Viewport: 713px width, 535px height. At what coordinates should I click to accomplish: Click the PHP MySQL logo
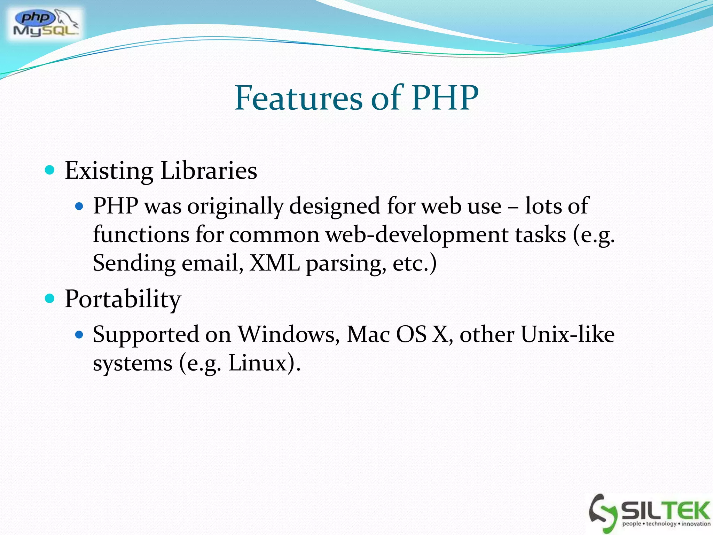[46, 24]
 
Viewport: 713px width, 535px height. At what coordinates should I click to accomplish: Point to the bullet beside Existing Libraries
[50, 170]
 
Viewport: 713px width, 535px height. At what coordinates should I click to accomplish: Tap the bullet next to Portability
[50, 298]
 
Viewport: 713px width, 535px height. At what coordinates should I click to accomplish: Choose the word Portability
[123, 300]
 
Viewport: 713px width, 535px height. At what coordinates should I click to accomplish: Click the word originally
[235, 206]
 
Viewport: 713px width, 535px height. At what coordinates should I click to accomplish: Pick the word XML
[275, 263]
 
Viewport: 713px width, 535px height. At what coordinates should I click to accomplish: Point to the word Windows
[289, 335]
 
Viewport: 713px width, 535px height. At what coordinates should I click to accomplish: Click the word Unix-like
[567, 335]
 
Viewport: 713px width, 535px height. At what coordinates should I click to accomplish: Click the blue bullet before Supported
[80, 335]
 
